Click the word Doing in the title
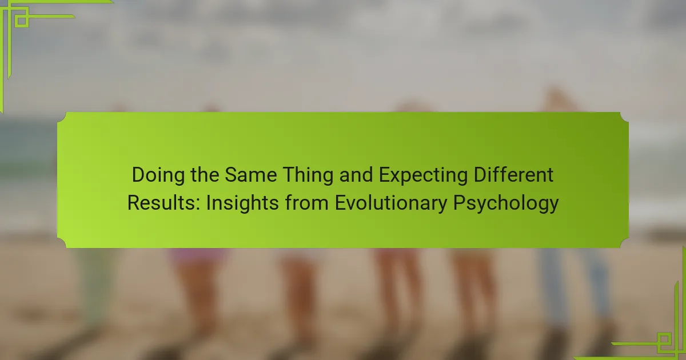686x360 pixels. point(158,175)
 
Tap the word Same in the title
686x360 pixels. point(251,175)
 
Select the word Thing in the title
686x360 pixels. point(308,175)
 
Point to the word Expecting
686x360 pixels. point(423,175)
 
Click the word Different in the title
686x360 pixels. point(513,175)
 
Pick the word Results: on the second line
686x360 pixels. point(164,203)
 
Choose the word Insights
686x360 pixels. point(242,203)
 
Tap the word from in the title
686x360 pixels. point(306,203)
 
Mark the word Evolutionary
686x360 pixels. point(391,203)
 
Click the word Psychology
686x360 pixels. point(506,203)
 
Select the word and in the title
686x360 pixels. point(356,175)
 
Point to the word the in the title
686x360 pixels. point(205,175)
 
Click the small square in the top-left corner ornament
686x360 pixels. point(22,21)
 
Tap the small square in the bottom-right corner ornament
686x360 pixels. point(664,340)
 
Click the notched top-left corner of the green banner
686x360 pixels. point(62,117)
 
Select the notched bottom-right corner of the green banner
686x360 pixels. point(624,243)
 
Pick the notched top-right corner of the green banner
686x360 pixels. point(624,117)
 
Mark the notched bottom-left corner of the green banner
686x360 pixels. point(62,243)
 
